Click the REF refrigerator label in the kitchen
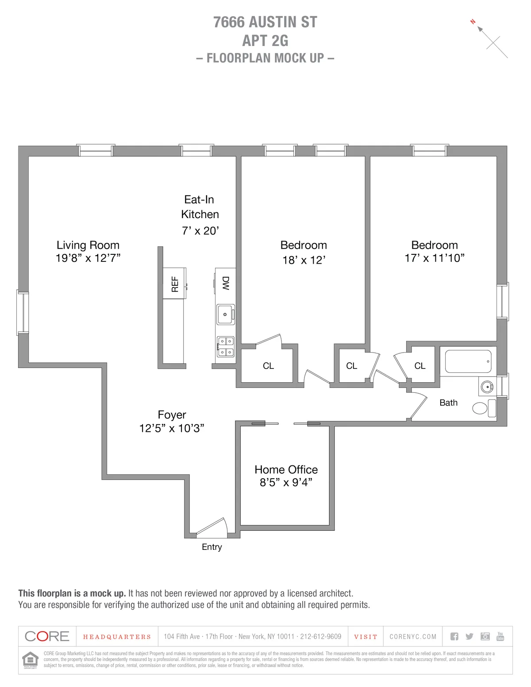[x=175, y=284]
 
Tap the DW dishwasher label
[x=226, y=283]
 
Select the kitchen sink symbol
[x=225, y=314]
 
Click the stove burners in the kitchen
[x=226, y=347]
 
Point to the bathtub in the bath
[x=468, y=361]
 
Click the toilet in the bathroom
[x=484, y=408]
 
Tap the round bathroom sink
[x=487, y=387]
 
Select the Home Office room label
[x=286, y=469]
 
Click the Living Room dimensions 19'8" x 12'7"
[x=88, y=258]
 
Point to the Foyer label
[x=172, y=415]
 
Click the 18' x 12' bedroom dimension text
[x=304, y=260]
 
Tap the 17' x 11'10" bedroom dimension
[x=434, y=258]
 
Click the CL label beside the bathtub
[x=419, y=366]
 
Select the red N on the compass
[x=473, y=21]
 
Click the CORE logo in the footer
[x=47, y=636]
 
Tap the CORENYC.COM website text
[x=413, y=637]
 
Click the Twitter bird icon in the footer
[x=469, y=636]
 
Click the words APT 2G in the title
[x=265, y=41]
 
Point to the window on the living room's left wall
[x=23, y=312]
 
